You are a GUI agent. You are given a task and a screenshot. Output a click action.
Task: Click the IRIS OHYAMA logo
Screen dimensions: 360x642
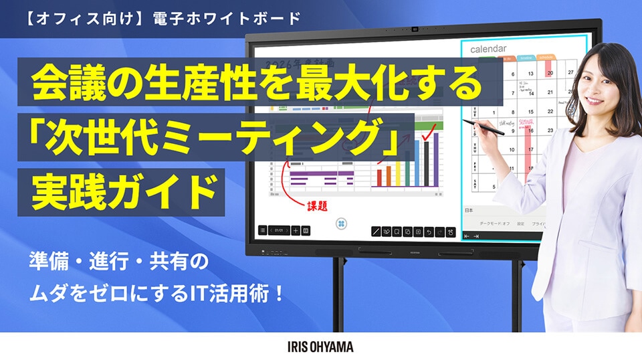coord(320,347)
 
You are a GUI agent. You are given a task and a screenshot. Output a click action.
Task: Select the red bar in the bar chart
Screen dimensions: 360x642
coord(380,176)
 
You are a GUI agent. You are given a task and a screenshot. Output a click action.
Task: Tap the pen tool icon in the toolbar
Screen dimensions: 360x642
coord(377,232)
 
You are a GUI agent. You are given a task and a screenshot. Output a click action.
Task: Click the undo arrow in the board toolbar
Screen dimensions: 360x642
coord(429,232)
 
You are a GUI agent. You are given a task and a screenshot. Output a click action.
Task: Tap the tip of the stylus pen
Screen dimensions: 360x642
coord(463,121)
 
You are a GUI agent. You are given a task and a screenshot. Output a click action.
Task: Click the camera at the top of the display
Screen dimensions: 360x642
coord(415,28)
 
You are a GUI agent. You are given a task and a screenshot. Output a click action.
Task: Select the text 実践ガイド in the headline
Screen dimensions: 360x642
coord(127,179)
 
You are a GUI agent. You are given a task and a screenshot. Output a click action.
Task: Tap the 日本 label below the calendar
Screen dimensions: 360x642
coord(469,210)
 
